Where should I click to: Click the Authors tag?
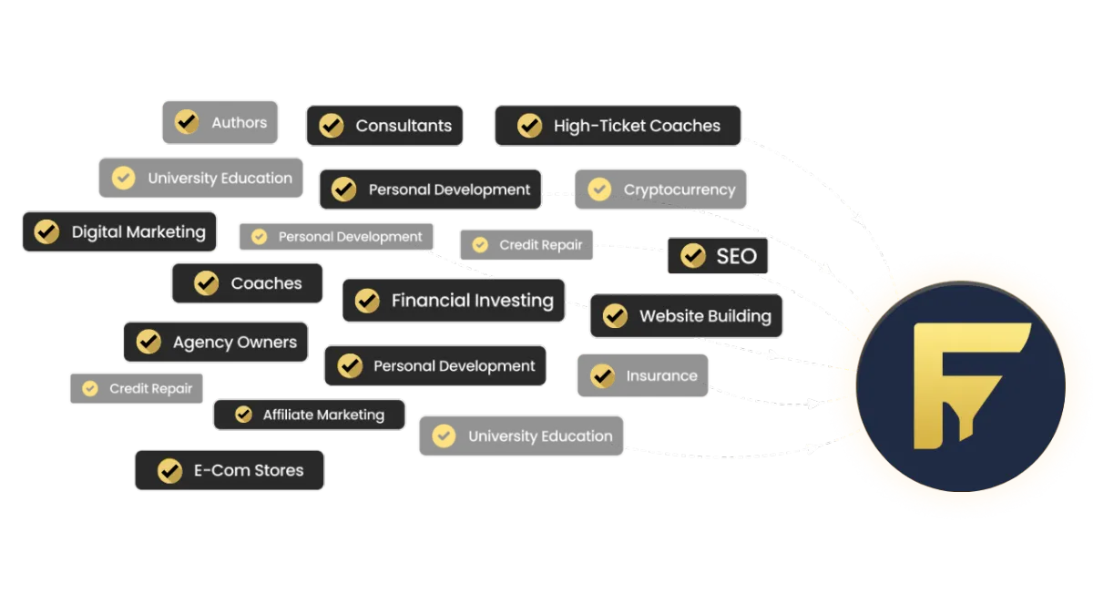click(220, 122)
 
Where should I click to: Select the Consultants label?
click(384, 126)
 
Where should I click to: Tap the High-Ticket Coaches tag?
click(617, 126)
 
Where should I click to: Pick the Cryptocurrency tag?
click(659, 190)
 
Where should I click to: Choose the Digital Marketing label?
click(119, 231)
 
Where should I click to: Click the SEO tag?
click(718, 256)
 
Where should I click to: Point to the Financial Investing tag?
click(454, 301)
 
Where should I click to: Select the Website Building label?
click(686, 316)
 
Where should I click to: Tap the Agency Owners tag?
click(215, 343)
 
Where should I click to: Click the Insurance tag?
click(642, 375)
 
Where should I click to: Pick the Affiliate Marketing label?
click(309, 415)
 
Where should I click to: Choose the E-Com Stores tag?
click(229, 471)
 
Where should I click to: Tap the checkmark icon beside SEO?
click(693, 256)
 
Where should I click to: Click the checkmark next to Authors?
click(187, 122)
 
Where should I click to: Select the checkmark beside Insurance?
click(602, 375)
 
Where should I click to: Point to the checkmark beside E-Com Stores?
click(169, 471)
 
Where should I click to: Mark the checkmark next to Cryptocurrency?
click(599, 190)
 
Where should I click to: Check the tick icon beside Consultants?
click(332, 126)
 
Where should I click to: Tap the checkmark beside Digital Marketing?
click(46, 231)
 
